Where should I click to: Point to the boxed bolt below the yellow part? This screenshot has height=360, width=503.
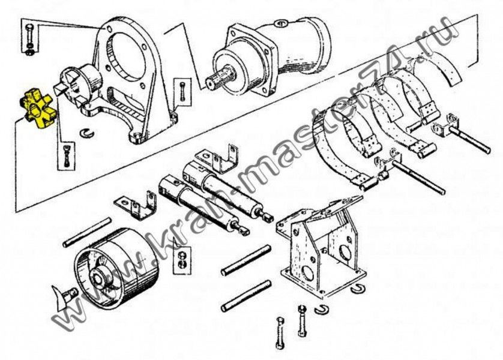67,156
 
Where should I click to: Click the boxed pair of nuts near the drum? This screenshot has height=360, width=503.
181,260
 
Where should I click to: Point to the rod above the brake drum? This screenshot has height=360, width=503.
87,232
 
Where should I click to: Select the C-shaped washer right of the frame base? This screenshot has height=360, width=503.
357,289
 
